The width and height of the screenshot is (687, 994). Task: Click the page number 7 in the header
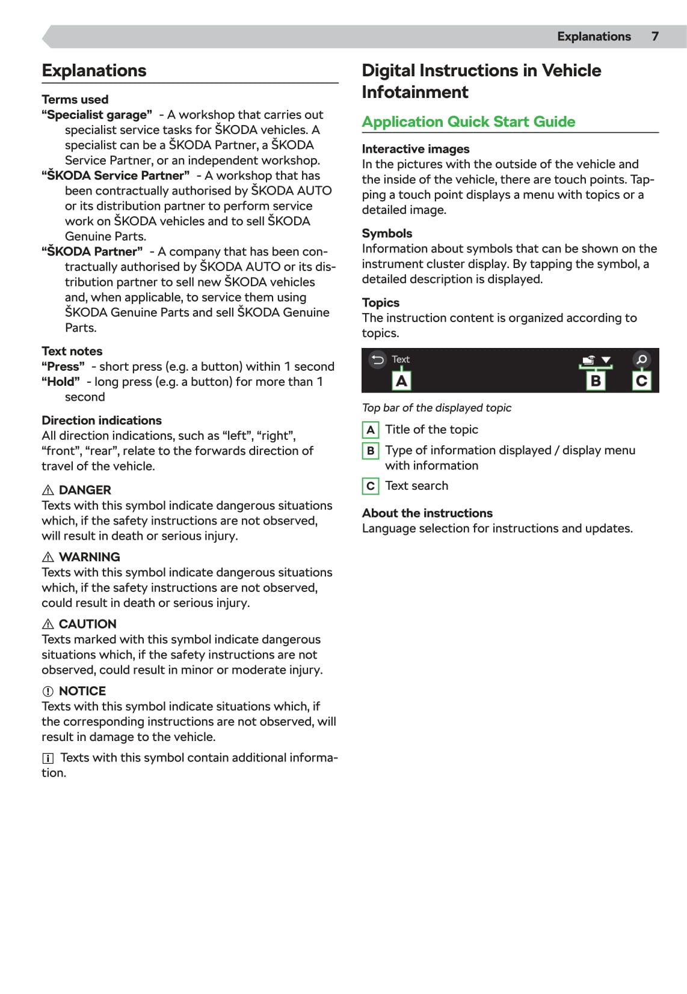[x=655, y=37]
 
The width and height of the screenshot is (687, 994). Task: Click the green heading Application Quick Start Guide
[x=468, y=122]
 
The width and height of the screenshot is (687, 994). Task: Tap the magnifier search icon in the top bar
[x=642, y=360]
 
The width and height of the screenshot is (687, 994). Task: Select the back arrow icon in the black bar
[x=378, y=360]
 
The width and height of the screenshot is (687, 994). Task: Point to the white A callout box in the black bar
[x=401, y=381]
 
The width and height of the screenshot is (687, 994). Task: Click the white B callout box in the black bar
[x=596, y=381]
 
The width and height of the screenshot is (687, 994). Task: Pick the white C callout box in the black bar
[x=642, y=381]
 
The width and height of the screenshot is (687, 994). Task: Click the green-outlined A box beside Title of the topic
[x=371, y=430]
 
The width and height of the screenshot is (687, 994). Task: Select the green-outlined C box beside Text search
[x=371, y=486]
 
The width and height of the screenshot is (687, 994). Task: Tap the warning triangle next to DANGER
[x=48, y=490]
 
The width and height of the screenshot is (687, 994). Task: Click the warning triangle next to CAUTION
[x=48, y=624]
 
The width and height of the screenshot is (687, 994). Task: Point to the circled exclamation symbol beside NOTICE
[x=48, y=691]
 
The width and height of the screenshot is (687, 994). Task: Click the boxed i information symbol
[x=48, y=758]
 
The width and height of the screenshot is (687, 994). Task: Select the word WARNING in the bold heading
[x=89, y=557]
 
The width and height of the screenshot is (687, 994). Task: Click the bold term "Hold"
[x=61, y=382]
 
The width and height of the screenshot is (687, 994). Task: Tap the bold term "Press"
[x=63, y=367]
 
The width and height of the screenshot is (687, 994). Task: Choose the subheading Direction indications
[x=102, y=421]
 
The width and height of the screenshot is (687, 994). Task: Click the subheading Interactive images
[x=416, y=149]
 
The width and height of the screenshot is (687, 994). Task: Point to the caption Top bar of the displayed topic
[x=436, y=408]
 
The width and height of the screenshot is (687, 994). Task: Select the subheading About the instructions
[x=427, y=513]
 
